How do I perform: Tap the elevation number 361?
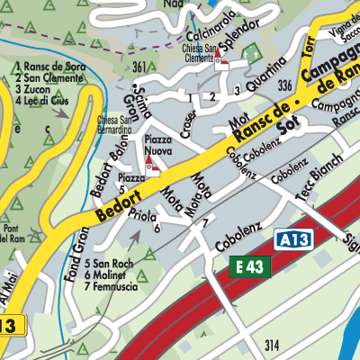[x=139, y=67]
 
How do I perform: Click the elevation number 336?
[x=285, y=85]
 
